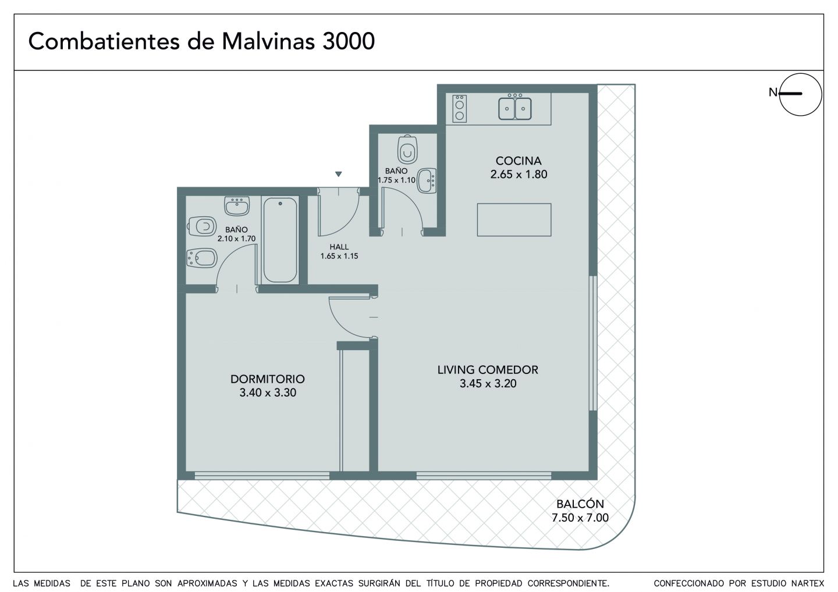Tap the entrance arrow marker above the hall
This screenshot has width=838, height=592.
(x=339, y=174)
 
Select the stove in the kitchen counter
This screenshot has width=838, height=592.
(x=460, y=109)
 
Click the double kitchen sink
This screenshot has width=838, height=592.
(x=515, y=108)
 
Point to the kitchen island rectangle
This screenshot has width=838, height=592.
(x=514, y=220)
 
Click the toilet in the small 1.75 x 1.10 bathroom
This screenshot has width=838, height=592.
(x=407, y=149)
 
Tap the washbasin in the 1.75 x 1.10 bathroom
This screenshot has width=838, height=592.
(x=427, y=181)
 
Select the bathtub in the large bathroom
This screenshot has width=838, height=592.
(x=280, y=240)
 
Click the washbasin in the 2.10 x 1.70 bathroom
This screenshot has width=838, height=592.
(x=237, y=206)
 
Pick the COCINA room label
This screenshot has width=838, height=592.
(x=519, y=161)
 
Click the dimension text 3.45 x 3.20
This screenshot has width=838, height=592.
(x=488, y=383)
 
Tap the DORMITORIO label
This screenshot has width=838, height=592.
(x=268, y=379)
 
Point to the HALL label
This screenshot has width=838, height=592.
(x=339, y=247)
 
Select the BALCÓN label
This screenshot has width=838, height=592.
(x=580, y=504)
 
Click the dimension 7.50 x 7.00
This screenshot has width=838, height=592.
(x=580, y=518)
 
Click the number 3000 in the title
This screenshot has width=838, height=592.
(x=348, y=41)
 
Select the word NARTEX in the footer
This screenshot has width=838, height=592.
(x=808, y=583)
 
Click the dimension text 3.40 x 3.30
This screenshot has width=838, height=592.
(x=268, y=393)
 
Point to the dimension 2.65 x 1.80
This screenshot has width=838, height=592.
(x=519, y=174)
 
